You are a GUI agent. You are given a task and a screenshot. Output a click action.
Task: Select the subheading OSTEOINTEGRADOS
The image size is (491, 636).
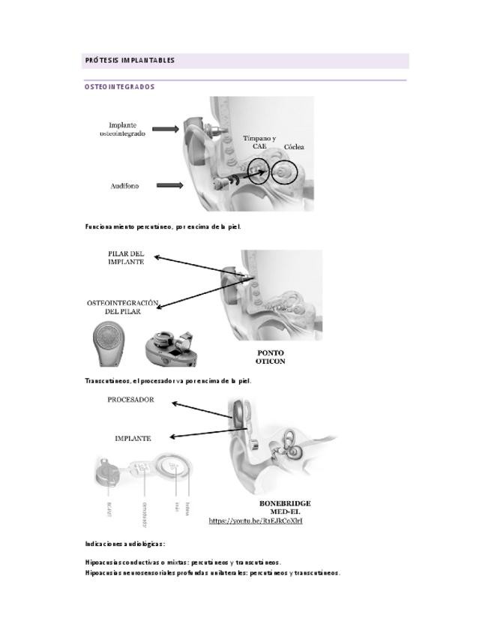(x=120, y=87)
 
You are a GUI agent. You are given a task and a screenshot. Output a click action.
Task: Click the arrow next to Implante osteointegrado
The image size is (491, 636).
(x=166, y=129)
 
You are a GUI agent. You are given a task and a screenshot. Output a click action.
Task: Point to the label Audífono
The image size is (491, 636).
(x=124, y=186)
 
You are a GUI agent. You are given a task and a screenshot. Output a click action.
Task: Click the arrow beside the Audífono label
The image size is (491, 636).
(x=170, y=185)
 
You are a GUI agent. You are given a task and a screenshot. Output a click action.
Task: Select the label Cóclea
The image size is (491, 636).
(x=294, y=148)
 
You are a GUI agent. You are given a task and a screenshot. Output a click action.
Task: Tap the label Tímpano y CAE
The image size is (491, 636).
(x=259, y=142)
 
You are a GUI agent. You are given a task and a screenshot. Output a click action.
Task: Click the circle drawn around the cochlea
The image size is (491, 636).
(x=285, y=173)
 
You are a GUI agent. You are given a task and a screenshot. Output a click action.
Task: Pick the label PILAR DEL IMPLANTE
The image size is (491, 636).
(x=126, y=258)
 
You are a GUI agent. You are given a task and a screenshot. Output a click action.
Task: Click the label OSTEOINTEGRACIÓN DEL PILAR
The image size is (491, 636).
(x=123, y=307)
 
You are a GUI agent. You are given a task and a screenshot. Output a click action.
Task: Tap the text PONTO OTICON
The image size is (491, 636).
(x=271, y=357)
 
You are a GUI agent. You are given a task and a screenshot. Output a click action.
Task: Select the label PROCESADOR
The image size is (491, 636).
(x=130, y=400)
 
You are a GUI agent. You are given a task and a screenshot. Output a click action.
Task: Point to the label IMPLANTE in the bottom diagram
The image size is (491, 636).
(x=133, y=438)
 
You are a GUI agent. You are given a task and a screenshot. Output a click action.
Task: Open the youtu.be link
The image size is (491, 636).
(x=256, y=520)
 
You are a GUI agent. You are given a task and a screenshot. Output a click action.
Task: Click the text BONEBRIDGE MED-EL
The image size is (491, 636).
(x=285, y=507)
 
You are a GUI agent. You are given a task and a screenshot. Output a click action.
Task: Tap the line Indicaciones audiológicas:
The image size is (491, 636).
(x=125, y=544)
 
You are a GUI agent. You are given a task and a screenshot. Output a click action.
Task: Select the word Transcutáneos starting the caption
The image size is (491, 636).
(x=107, y=381)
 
